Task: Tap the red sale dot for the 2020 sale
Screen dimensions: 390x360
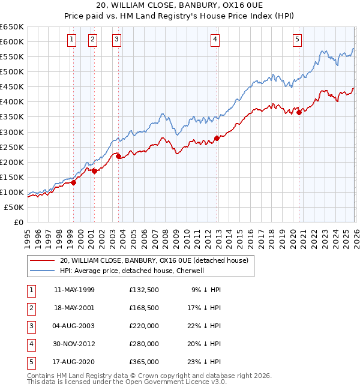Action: pyautogui.click(x=298, y=112)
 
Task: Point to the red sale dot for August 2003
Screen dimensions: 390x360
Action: pyautogui.click(x=118, y=156)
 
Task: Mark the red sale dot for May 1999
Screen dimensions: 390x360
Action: pyautogui.click(x=73, y=182)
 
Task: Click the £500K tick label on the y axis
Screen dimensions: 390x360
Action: pyautogui.click(x=11, y=71)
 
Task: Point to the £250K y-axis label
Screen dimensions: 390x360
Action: pyautogui.click(x=11, y=147)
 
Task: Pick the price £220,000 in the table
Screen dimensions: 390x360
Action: pyautogui.click(x=144, y=326)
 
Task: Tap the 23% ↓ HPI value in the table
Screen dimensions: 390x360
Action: pyautogui.click(x=206, y=362)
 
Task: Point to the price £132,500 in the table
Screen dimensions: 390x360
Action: pyautogui.click(x=144, y=290)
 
